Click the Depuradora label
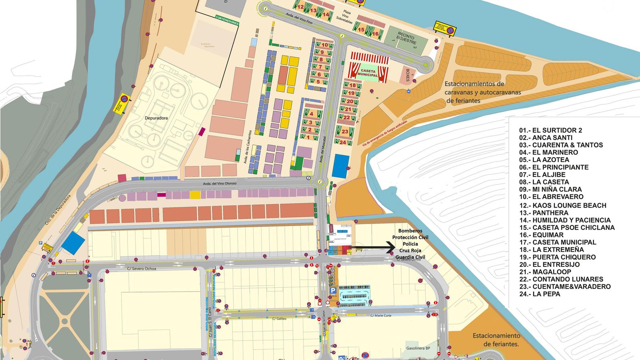pos(156,118)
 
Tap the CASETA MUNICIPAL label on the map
pos(367,73)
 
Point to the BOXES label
pos(408,75)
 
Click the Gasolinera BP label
pos(418,348)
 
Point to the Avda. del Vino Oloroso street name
pos(220,184)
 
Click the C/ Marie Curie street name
pos(381,316)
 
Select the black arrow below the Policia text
pos(374,248)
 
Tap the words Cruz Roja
pos(410,250)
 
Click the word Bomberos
pos(410,231)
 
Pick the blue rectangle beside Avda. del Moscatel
pos(340,166)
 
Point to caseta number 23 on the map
pos(345,131)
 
